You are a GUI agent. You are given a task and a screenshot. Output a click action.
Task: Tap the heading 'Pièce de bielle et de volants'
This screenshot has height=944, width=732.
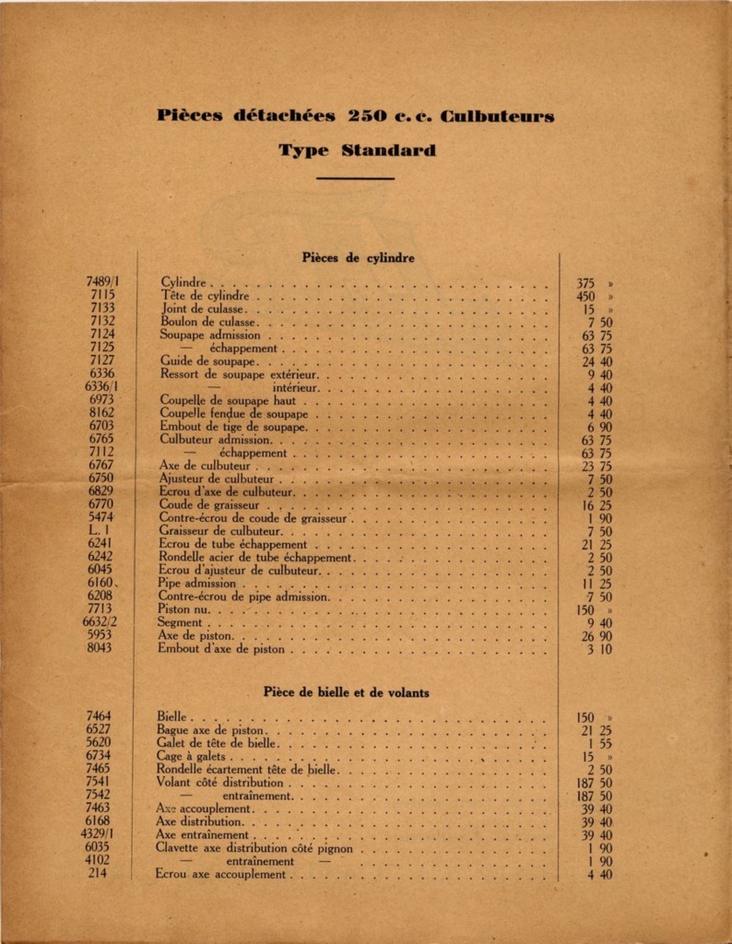tap(346, 691)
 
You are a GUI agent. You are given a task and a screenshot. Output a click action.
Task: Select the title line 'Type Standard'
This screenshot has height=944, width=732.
tap(357, 149)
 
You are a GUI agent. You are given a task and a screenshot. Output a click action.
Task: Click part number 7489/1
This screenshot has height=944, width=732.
tap(110, 282)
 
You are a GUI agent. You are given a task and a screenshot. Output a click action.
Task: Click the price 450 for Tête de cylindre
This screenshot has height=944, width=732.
tap(586, 296)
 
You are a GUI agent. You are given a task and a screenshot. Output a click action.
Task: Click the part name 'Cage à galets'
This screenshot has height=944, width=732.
tap(190, 756)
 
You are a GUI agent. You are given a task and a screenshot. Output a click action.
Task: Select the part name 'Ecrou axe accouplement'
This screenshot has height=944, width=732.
tap(221, 874)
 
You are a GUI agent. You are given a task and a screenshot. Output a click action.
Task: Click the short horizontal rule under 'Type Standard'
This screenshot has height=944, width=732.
tap(355, 179)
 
